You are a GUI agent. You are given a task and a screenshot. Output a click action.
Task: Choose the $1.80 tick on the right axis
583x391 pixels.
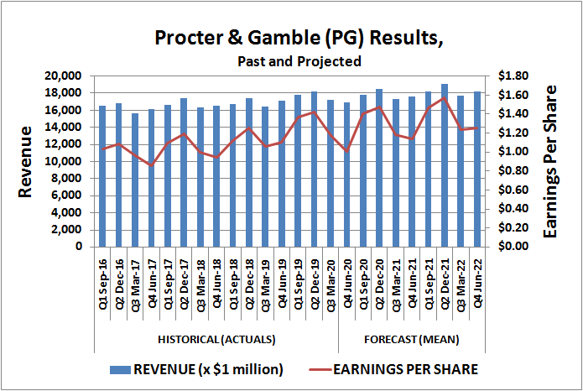[513, 76]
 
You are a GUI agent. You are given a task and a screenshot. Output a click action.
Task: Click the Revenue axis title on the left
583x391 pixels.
[26, 161]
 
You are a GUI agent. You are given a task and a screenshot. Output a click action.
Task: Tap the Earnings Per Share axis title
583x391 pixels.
[551, 161]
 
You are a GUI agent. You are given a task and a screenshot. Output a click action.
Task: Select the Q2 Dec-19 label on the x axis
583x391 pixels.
[315, 285]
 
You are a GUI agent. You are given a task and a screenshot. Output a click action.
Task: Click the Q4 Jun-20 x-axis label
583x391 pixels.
[347, 285]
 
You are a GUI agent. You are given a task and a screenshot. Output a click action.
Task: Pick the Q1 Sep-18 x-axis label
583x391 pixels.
[232, 285]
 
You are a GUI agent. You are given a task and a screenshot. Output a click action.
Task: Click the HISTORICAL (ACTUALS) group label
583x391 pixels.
[216, 340]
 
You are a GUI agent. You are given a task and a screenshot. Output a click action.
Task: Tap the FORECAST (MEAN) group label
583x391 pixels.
[411, 340]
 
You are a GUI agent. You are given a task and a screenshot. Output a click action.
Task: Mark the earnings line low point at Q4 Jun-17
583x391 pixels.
[151, 165]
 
